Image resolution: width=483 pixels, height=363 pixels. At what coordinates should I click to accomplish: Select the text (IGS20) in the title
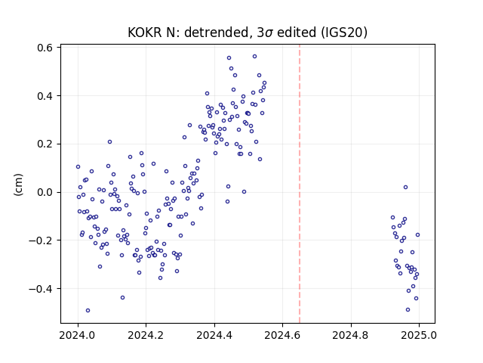click(x=344, y=33)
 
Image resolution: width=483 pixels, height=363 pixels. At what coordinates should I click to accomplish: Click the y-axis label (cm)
click(x=18, y=185)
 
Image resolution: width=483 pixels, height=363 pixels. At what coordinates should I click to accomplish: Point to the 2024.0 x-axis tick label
click(x=78, y=335)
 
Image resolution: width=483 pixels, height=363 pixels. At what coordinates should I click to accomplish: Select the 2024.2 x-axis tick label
click(x=146, y=335)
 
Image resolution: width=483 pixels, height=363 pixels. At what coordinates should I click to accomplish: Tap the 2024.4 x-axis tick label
click(x=214, y=335)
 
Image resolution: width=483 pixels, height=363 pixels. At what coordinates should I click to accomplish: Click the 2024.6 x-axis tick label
click(x=282, y=335)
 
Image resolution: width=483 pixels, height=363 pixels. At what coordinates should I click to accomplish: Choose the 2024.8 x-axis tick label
click(x=351, y=335)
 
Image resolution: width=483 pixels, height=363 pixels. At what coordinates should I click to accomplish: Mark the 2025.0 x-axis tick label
click(x=419, y=335)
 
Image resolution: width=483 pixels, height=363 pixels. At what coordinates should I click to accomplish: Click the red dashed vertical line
click(x=300, y=184)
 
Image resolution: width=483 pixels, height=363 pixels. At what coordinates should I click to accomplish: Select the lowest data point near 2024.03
click(x=88, y=311)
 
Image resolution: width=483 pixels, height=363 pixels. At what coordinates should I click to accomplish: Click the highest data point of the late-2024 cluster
click(x=406, y=188)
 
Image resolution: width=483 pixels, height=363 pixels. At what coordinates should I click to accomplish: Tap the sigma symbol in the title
click(x=269, y=33)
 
